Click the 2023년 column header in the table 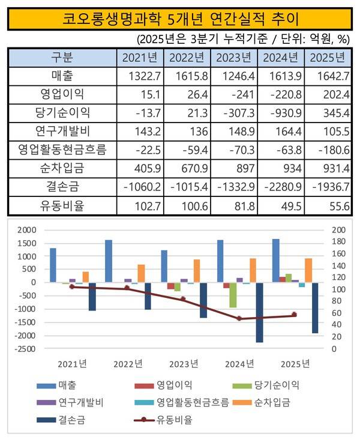tap(235, 59)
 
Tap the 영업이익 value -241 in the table tap(235, 94)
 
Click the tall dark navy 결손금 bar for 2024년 tap(259, 312)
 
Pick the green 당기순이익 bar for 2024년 tap(233, 295)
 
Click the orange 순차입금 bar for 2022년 tap(140, 273)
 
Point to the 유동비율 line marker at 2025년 tap(294, 315)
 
